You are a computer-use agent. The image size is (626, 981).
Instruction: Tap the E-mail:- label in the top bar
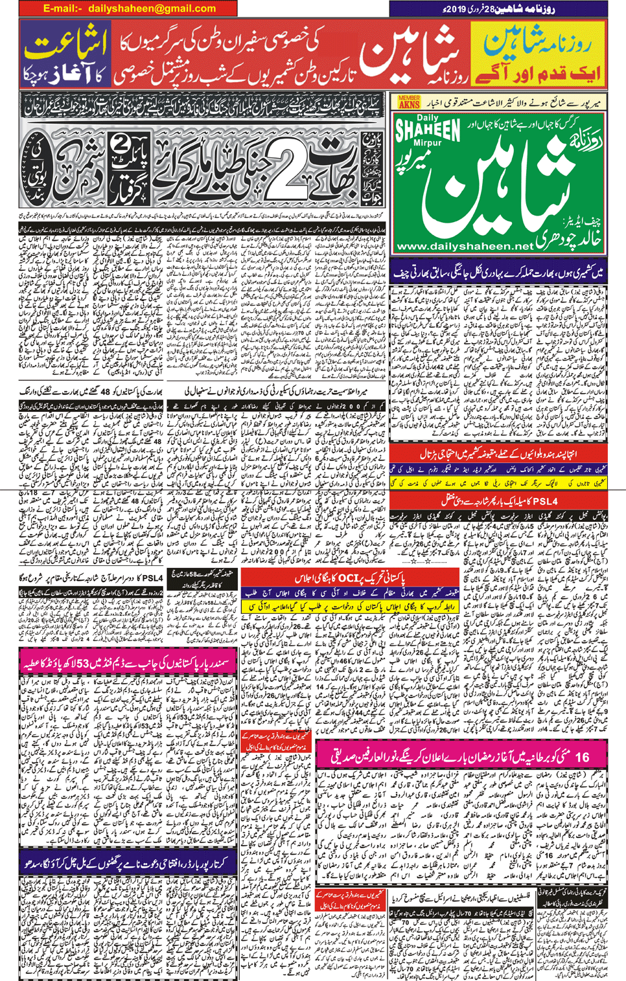tap(63, 8)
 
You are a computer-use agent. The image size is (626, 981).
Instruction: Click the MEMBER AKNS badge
tap(409, 102)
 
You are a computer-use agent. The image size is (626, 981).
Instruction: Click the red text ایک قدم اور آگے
tap(538, 73)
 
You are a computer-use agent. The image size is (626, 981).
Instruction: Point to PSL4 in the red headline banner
tap(541, 501)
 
